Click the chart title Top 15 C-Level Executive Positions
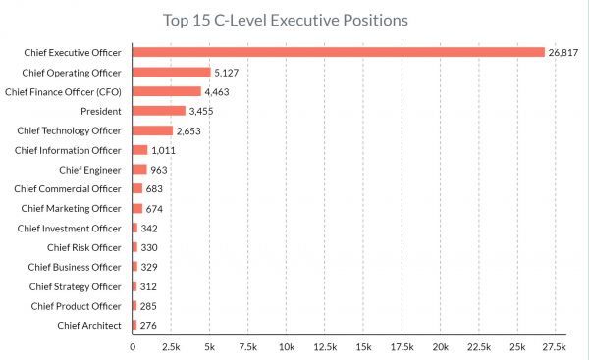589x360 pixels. pyautogui.click(x=285, y=20)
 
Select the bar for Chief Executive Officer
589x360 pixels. pyautogui.click(x=338, y=52)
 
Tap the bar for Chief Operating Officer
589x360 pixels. pyautogui.click(x=171, y=72)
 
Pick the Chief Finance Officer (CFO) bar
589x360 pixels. pyautogui.click(x=166, y=91)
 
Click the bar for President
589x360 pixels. pyautogui.click(x=158, y=111)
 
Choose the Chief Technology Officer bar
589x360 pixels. pyautogui.click(x=152, y=130)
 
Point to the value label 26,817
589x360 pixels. pyautogui.click(x=565, y=52)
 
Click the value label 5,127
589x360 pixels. pyautogui.click(x=229, y=72)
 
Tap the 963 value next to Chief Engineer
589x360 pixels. pyautogui.click(x=161, y=170)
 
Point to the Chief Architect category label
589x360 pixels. pyautogui.click(x=89, y=325)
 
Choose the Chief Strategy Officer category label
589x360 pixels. pyautogui.click(x=76, y=286)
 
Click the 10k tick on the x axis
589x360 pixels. pyautogui.click(x=286, y=346)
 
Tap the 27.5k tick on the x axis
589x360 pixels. pyautogui.click(x=555, y=346)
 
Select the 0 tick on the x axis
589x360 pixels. pyautogui.click(x=133, y=346)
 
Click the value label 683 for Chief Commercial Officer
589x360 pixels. pyautogui.click(x=157, y=188)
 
